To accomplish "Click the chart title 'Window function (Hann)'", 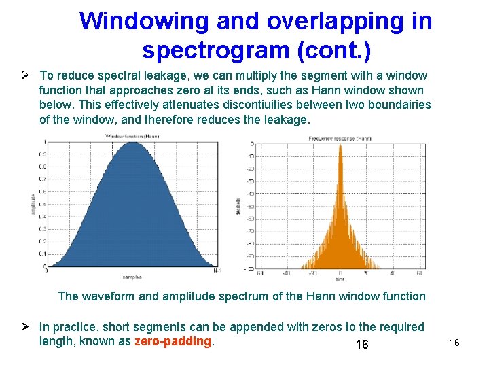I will [x=132, y=137].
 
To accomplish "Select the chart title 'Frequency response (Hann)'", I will [x=340, y=138].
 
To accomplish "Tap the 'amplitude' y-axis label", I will [x=33, y=203].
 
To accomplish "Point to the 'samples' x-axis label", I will [x=132, y=277].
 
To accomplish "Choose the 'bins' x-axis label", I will [x=339, y=279].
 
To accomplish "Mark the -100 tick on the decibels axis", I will [x=249, y=269].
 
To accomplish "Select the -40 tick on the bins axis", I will [x=285, y=274].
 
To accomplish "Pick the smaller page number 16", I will [x=454, y=343].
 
